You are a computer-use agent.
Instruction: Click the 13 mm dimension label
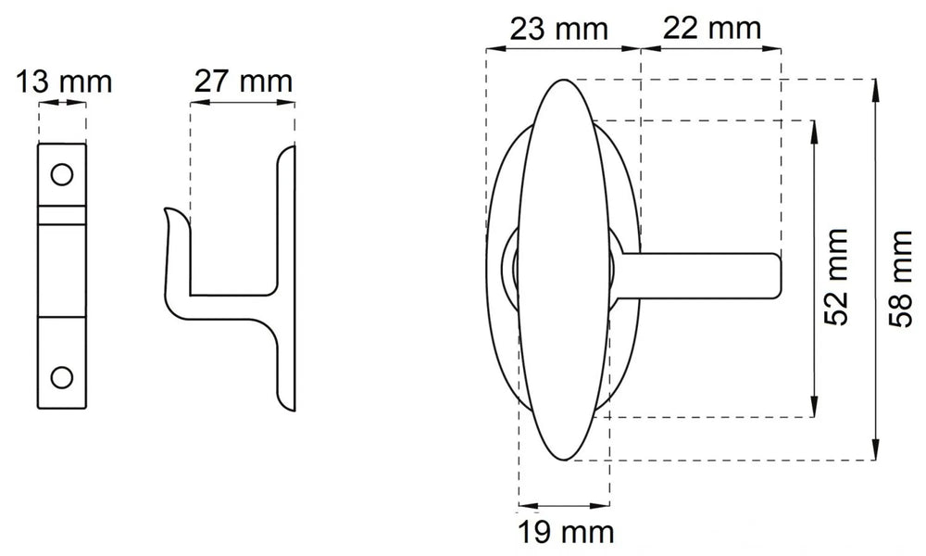pyautogui.click(x=62, y=82)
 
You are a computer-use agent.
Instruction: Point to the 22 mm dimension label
pyautogui.click(x=712, y=29)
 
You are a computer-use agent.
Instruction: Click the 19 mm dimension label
pyautogui.click(x=564, y=534)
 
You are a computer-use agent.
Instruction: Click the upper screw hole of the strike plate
pyautogui.click(x=62, y=173)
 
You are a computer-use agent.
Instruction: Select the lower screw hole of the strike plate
pyautogui.click(x=62, y=375)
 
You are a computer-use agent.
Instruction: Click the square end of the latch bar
pyautogui.click(x=776, y=275)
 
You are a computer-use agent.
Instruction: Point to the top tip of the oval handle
pyautogui.click(x=562, y=83)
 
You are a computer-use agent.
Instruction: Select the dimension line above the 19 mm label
pyautogui.click(x=564, y=505)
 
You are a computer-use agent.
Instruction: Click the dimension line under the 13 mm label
pyautogui.click(x=62, y=106)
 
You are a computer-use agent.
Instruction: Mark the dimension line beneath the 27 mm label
pyautogui.click(x=243, y=105)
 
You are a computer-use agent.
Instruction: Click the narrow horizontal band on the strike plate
pyautogui.click(x=62, y=215)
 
